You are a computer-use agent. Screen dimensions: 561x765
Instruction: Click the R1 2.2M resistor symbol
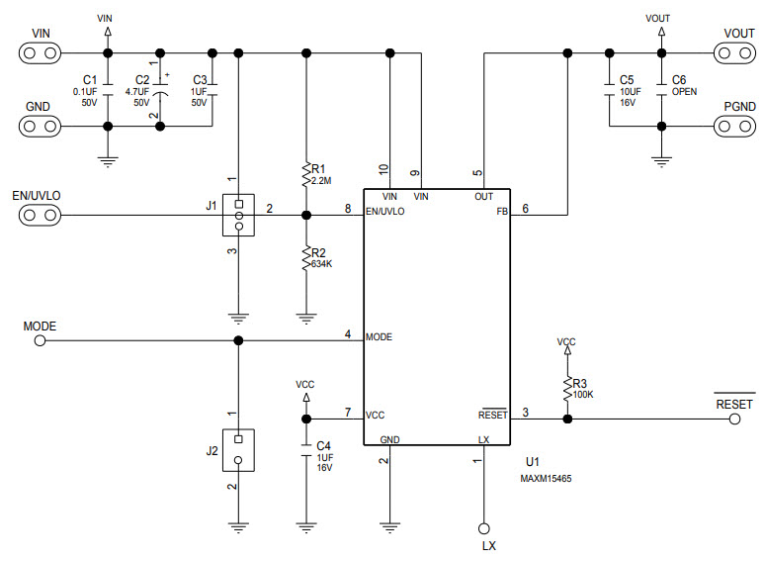pyautogui.click(x=306, y=176)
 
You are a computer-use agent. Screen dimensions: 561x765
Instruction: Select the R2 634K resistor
pyautogui.click(x=306, y=259)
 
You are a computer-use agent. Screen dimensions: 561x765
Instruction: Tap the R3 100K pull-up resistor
pyautogui.click(x=567, y=389)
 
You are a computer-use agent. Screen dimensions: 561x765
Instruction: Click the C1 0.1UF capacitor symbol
pyautogui.click(x=108, y=90)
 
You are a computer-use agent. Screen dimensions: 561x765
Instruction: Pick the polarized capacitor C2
pyautogui.click(x=161, y=90)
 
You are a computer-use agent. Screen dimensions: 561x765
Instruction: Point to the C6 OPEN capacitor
pyautogui.click(x=661, y=90)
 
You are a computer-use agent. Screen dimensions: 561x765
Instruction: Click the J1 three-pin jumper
pyautogui.click(x=238, y=214)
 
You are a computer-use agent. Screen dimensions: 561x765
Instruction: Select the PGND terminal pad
pyautogui.click(x=731, y=126)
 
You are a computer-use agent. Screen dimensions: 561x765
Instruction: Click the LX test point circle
pyautogui.click(x=484, y=528)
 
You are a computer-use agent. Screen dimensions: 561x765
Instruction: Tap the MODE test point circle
pyautogui.click(x=40, y=341)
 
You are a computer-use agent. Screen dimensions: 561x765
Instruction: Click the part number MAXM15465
pyautogui.click(x=546, y=478)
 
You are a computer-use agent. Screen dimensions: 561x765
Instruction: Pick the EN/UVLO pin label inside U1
pyautogui.click(x=384, y=211)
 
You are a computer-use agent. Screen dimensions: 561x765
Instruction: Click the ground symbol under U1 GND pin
pyautogui.click(x=391, y=525)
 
